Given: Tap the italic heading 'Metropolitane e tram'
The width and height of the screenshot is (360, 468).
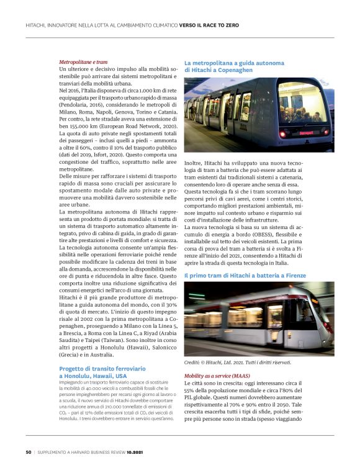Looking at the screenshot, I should pyautogui.click(x=83, y=63).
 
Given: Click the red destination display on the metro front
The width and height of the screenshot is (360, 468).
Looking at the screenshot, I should pyautogui.click(x=306, y=133).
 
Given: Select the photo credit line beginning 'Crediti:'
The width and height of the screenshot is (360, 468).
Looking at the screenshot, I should pyautogui.click(x=228, y=362).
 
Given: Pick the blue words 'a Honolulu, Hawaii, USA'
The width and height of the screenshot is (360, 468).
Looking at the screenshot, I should pyautogui.click(x=92, y=376).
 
